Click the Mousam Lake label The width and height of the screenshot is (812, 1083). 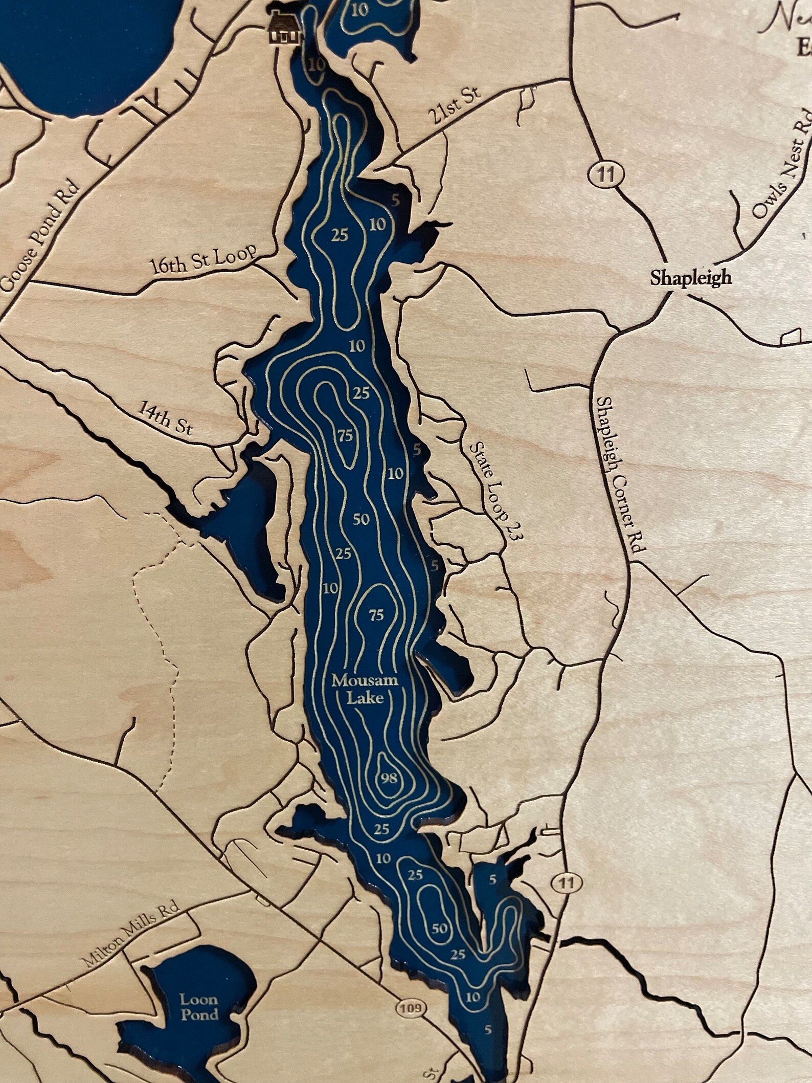(x=357, y=689)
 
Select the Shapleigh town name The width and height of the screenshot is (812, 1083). (x=691, y=278)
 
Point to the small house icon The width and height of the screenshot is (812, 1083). (x=280, y=30)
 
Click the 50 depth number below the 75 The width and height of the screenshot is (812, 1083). (x=362, y=519)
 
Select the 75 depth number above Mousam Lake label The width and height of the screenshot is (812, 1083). (x=376, y=615)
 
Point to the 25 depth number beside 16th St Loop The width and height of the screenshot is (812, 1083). (x=340, y=235)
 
